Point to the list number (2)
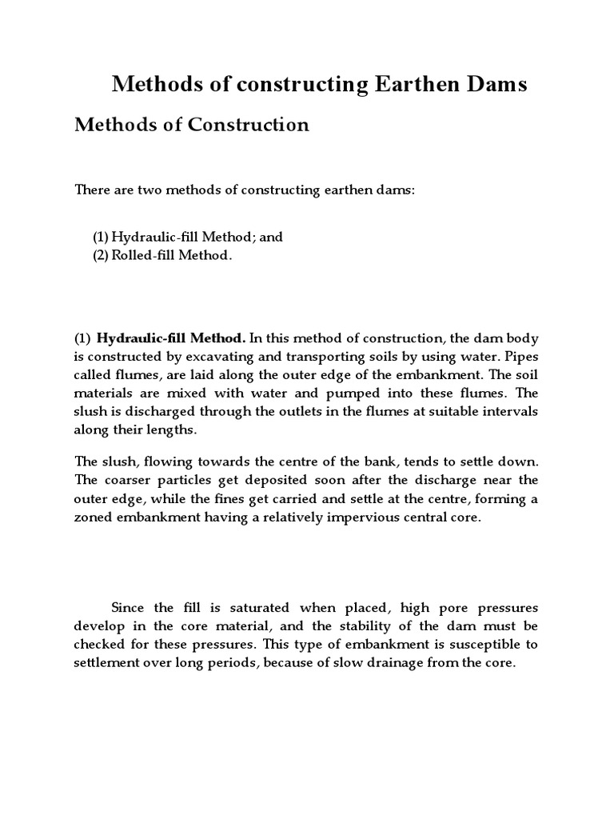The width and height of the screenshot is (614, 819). pos(100,256)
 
